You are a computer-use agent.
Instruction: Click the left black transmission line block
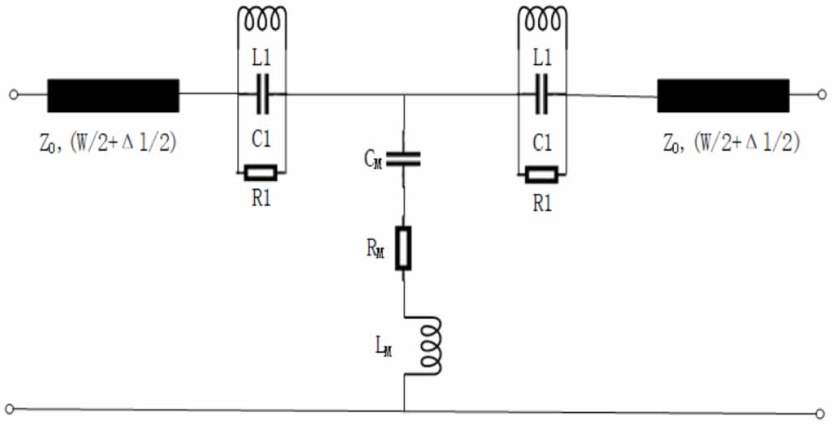point(113,95)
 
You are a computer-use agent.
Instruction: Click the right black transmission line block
point(722,95)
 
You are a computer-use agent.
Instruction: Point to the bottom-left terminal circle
point(9,408)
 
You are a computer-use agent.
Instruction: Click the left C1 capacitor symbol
point(261,95)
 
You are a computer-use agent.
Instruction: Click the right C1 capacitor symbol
point(542,95)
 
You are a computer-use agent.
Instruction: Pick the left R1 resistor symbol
point(261,173)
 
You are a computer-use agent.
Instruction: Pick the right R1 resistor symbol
point(541,174)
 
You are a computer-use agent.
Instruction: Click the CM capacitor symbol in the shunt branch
point(403,159)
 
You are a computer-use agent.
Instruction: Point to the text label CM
point(374,158)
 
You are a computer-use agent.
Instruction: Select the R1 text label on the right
point(541,203)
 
